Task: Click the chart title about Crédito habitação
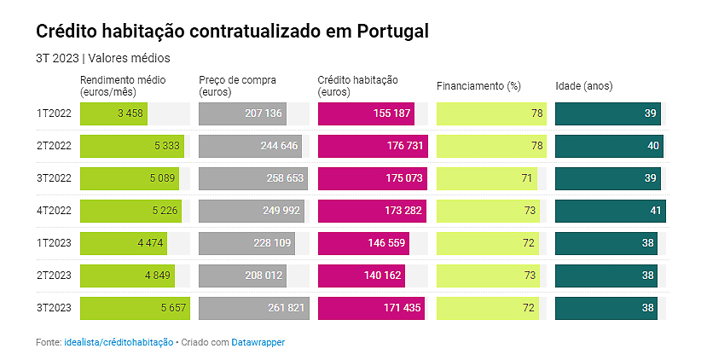point(232,32)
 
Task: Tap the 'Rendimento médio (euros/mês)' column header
point(123,85)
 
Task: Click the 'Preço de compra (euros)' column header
point(237,85)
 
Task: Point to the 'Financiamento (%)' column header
point(478,86)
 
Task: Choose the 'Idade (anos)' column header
point(584,86)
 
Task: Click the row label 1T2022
point(53,113)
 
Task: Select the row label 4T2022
point(53,211)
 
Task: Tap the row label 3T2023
point(53,308)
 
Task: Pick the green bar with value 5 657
point(134,308)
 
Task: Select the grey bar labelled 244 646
point(251,146)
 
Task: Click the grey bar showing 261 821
point(252,308)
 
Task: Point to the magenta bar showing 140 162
point(361,276)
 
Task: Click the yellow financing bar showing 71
point(487,178)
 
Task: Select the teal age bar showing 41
point(610,211)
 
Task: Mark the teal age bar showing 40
point(609,146)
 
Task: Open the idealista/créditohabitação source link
point(119,342)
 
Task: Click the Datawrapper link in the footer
point(258,342)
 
